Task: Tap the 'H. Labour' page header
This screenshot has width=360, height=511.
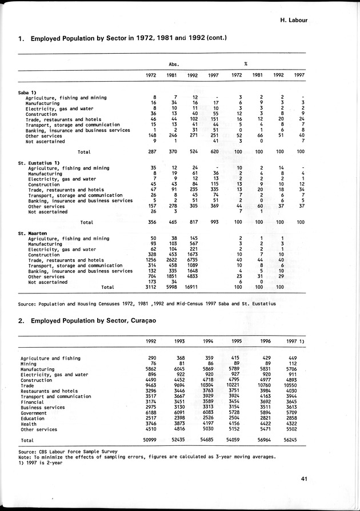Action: (294, 20)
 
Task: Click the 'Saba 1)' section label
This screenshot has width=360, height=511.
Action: (28, 92)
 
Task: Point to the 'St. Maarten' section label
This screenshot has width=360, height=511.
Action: (31, 233)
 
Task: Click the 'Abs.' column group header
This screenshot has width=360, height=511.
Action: (174, 64)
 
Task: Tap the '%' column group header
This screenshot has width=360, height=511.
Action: (245, 64)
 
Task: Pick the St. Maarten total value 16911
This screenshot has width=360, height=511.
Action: (191, 287)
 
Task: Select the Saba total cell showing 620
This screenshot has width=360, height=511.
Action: (214, 151)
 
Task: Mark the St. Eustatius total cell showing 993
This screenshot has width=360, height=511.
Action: (214, 222)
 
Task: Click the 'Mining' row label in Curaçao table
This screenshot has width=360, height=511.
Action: (29, 364)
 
